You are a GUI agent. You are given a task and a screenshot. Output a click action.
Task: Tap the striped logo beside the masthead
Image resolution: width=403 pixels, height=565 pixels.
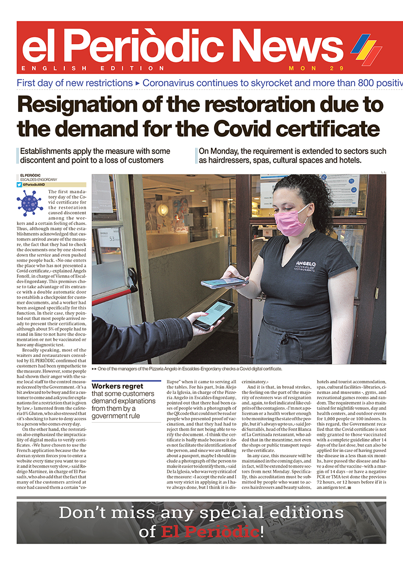coord(366,49)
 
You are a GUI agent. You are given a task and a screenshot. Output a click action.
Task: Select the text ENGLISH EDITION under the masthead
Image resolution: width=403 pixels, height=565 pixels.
coord(93,69)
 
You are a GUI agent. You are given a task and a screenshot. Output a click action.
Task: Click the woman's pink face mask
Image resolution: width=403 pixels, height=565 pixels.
coord(291,222)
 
